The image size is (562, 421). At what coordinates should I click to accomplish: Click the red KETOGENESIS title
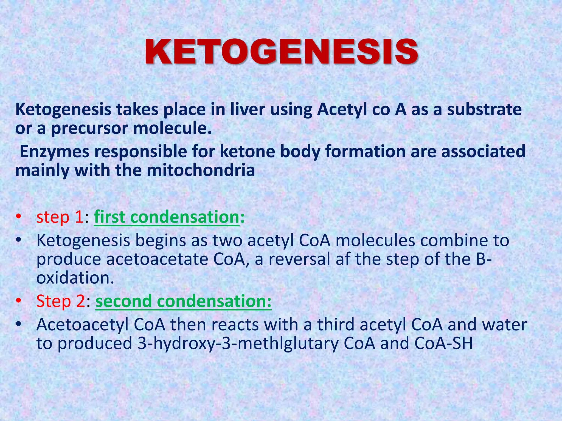click(x=282, y=52)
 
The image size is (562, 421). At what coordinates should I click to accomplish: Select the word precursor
click(x=89, y=129)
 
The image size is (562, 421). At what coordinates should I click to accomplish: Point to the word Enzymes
click(x=55, y=152)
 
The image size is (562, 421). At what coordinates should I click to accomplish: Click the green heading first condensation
click(x=167, y=217)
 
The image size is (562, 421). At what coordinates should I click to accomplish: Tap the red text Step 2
click(x=61, y=301)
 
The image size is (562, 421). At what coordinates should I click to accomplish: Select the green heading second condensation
click(x=183, y=301)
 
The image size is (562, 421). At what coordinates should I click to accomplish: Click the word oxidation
click(x=75, y=278)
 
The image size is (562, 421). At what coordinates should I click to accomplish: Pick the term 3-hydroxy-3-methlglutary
click(x=238, y=344)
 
